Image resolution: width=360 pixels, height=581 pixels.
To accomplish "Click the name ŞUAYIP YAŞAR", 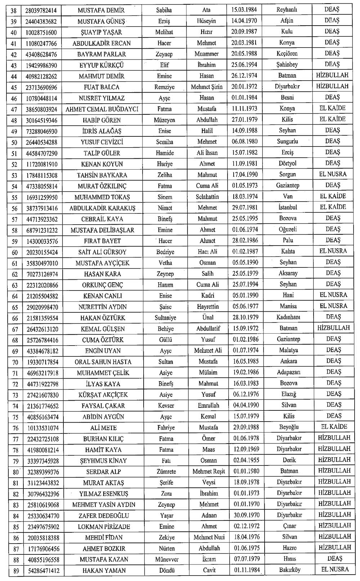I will [101, 32].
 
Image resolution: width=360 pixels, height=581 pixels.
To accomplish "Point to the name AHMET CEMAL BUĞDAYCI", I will [102, 109].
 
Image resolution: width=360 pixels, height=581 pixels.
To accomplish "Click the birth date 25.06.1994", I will [244, 65].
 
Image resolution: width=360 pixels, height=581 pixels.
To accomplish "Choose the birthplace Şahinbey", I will [287, 65].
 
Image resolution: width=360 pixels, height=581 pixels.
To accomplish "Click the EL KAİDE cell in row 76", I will [334, 427].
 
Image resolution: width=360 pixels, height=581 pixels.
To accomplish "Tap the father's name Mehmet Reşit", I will [208, 472].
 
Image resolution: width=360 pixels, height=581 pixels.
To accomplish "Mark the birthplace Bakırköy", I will [289, 570].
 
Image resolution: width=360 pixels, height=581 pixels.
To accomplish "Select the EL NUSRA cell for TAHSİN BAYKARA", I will [333, 175].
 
